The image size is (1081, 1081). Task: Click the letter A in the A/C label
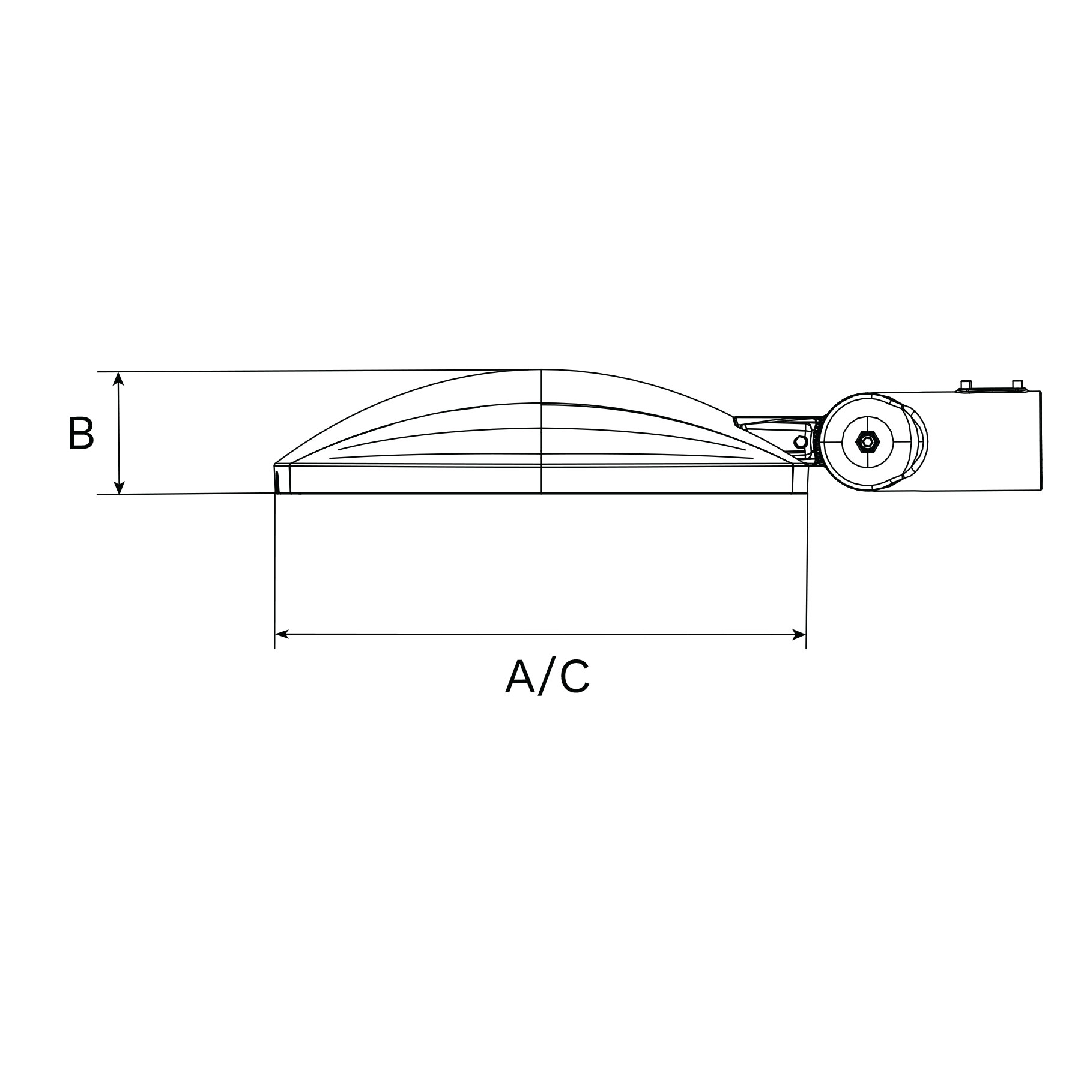(x=520, y=677)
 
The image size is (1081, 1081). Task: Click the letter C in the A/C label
(x=575, y=677)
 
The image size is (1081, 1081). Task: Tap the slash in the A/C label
(x=547, y=677)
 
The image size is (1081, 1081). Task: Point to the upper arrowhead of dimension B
(x=119, y=378)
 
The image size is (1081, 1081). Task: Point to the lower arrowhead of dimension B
(x=119, y=487)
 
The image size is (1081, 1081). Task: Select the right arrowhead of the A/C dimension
(x=798, y=634)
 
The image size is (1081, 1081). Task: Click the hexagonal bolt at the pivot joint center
(x=867, y=442)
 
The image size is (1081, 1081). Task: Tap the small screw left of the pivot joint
(x=800, y=442)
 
